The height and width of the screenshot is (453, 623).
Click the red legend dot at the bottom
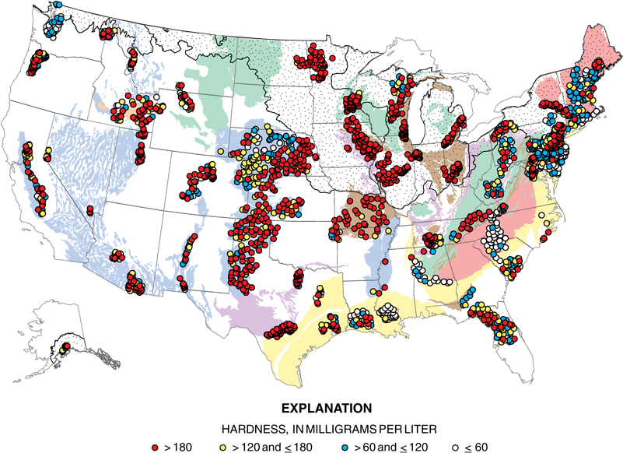(156, 448)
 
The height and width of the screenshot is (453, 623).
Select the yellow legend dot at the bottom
(222, 448)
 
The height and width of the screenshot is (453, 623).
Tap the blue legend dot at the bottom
(345, 448)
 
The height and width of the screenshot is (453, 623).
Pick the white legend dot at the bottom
(455, 448)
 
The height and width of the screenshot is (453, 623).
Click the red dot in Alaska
(67, 345)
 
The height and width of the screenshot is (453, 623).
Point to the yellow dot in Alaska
(61, 351)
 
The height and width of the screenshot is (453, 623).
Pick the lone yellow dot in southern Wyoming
(221, 149)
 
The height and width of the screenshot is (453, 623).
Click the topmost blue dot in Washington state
(59, 5)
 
